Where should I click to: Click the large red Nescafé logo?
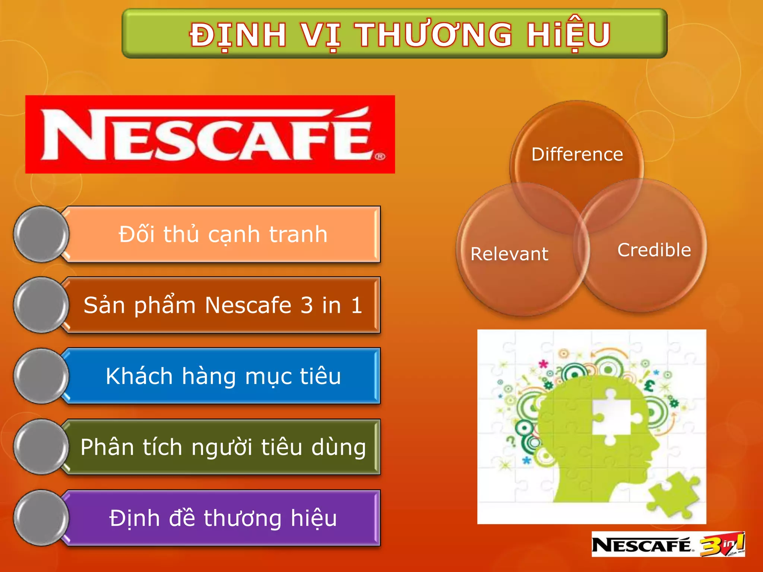pos(210,134)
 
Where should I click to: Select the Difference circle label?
pos(577,154)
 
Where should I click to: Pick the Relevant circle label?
pos(509,254)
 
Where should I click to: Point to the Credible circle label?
pos(654,250)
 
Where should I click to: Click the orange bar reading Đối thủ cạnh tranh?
pos(223,234)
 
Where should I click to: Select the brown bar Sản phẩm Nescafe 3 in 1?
pos(223,305)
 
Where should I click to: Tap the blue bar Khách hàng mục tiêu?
pos(223,376)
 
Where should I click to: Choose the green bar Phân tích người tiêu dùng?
pos(223,447)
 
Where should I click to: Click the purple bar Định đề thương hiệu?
pos(223,518)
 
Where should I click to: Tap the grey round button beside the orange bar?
pos(41,234)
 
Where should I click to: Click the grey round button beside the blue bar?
pos(41,376)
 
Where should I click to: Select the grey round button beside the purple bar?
pos(41,518)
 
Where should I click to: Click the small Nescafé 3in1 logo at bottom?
pos(668,545)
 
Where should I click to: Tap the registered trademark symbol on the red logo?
pos(380,156)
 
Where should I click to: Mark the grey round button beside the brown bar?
pos(41,305)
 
